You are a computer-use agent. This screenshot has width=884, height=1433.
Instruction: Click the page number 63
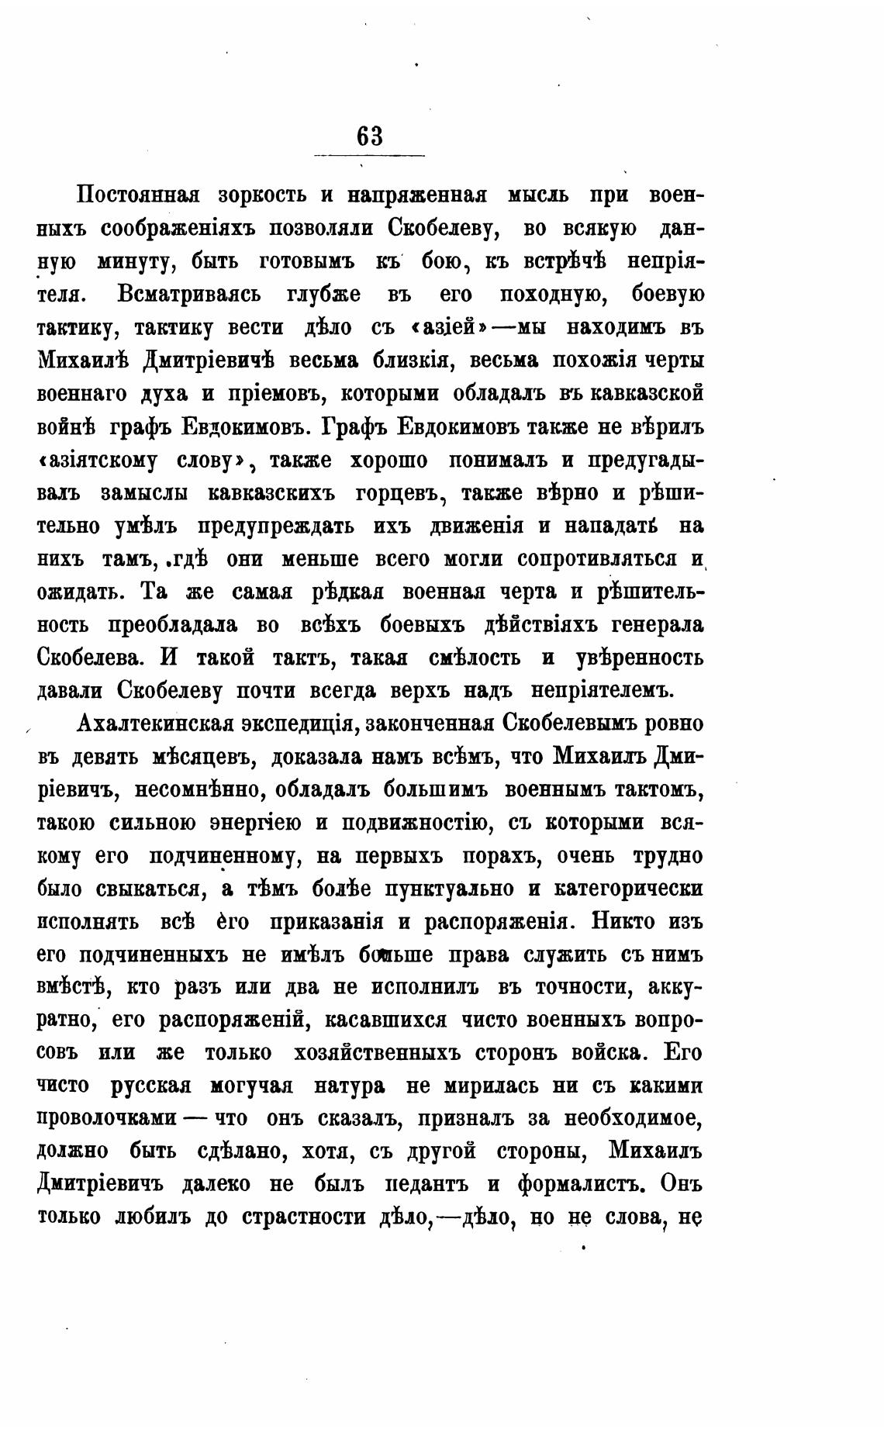(x=370, y=136)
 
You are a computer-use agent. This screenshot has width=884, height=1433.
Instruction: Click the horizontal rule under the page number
(x=369, y=157)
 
